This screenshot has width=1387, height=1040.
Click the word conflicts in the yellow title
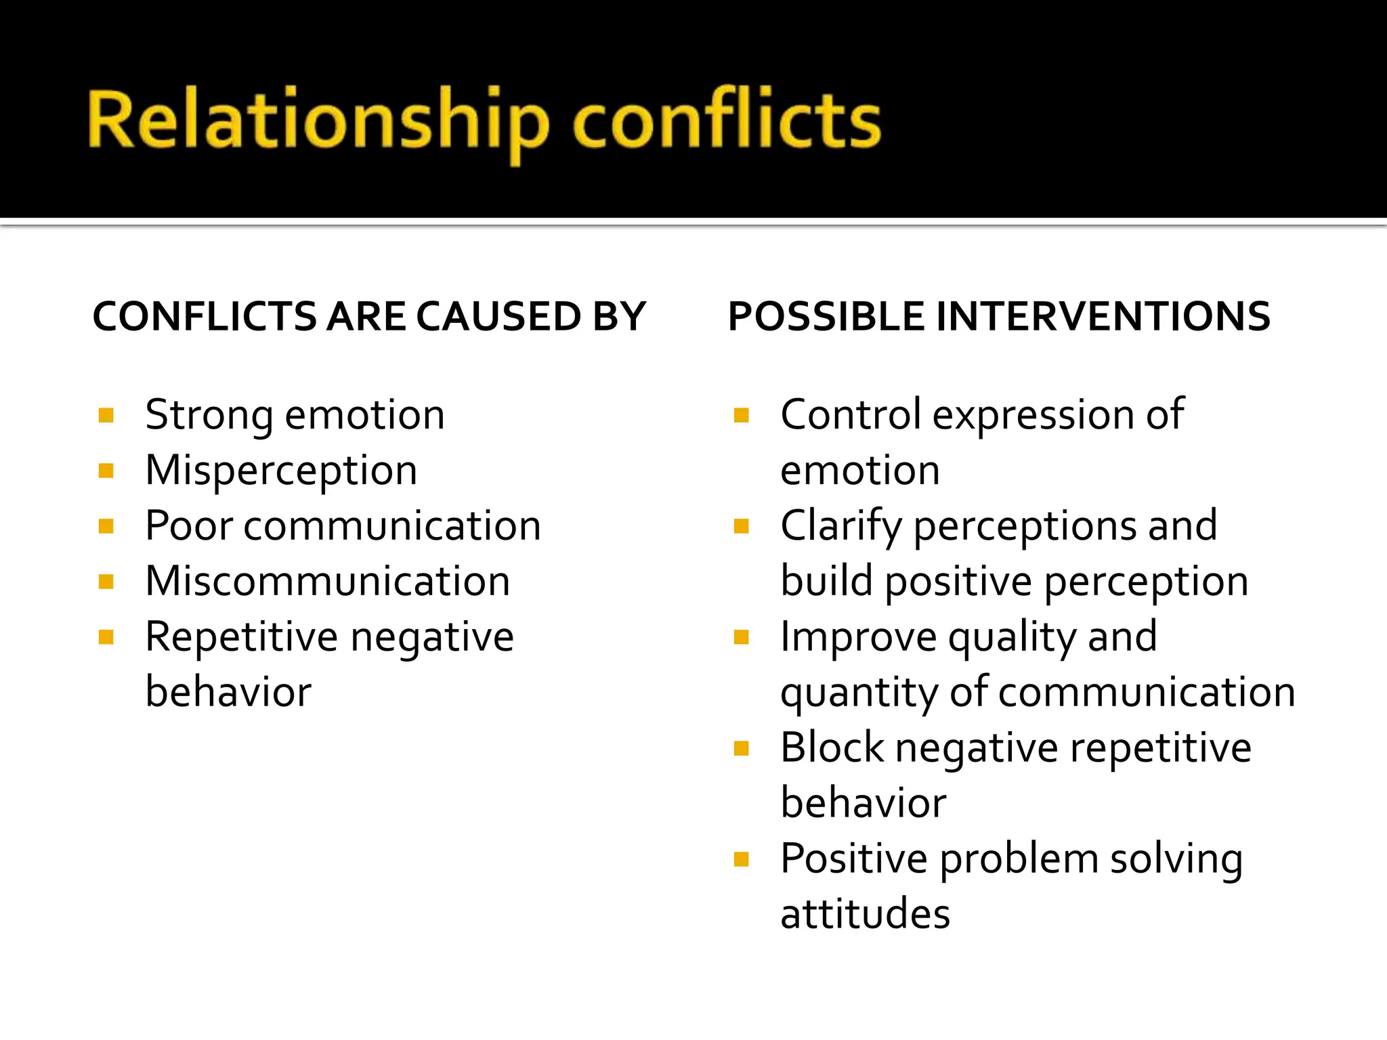pyautogui.click(x=726, y=121)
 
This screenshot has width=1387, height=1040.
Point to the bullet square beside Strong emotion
pyautogui.click(x=106, y=415)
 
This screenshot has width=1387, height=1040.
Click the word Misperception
pyautogui.click(x=281, y=471)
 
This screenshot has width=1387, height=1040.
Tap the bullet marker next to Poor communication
pyautogui.click(x=106, y=526)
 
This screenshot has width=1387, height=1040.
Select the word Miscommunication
pyautogui.click(x=328, y=581)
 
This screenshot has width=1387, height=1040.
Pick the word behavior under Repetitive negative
pyautogui.click(x=228, y=692)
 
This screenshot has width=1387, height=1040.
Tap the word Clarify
pyautogui.click(x=840, y=526)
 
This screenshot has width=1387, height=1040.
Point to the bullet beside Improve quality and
pyautogui.click(x=742, y=637)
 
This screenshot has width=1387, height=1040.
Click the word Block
pyautogui.click(x=832, y=747)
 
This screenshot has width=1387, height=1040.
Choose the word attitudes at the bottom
pyautogui.click(x=865, y=914)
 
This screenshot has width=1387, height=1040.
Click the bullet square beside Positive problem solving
pyautogui.click(x=742, y=859)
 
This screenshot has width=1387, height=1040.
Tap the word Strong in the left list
pyautogui.click(x=209, y=415)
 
